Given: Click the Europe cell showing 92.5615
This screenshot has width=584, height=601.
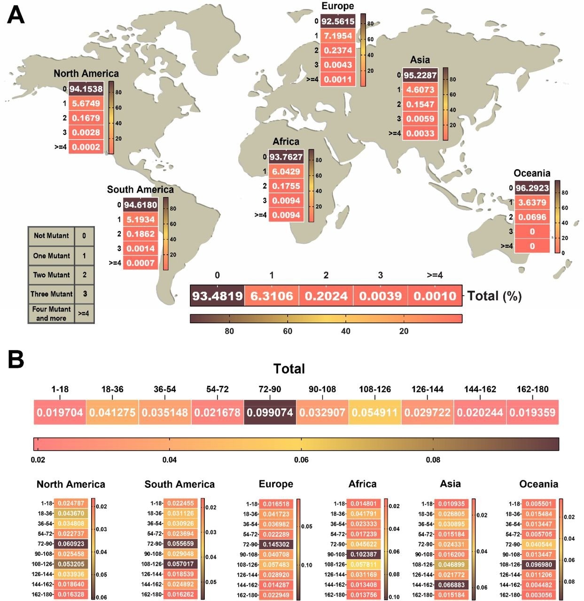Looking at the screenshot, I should pyautogui.click(x=337, y=21).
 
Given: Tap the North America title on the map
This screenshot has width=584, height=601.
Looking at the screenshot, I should pyautogui.click(x=86, y=73).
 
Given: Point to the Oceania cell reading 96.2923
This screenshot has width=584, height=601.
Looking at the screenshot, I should pyautogui.click(x=532, y=188).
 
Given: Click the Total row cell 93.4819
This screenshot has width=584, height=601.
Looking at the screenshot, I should pyautogui.click(x=217, y=296).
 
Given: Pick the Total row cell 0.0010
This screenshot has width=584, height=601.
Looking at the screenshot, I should pyautogui.click(x=435, y=296).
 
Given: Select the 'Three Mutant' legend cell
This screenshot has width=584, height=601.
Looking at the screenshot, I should pyautogui.click(x=52, y=294).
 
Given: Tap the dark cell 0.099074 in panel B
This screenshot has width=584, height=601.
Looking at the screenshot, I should pyautogui.click(x=270, y=413).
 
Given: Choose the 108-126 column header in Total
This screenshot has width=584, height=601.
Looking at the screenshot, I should pyautogui.click(x=374, y=389).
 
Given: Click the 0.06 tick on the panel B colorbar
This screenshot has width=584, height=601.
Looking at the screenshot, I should pyautogui.click(x=301, y=459).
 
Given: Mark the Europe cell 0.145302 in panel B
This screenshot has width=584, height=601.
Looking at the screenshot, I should pyautogui.click(x=276, y=544).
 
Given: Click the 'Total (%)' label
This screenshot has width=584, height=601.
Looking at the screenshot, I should pyautogui.click(x=494, y=296).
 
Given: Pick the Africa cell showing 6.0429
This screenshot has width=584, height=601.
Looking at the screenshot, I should pyautogui.click(x=286, y=172).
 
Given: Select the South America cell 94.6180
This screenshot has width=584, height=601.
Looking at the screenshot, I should pyautogui.click(x=140, y=205).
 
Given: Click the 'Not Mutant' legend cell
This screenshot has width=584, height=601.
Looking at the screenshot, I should pyautogui.click(x=51, y=236).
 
